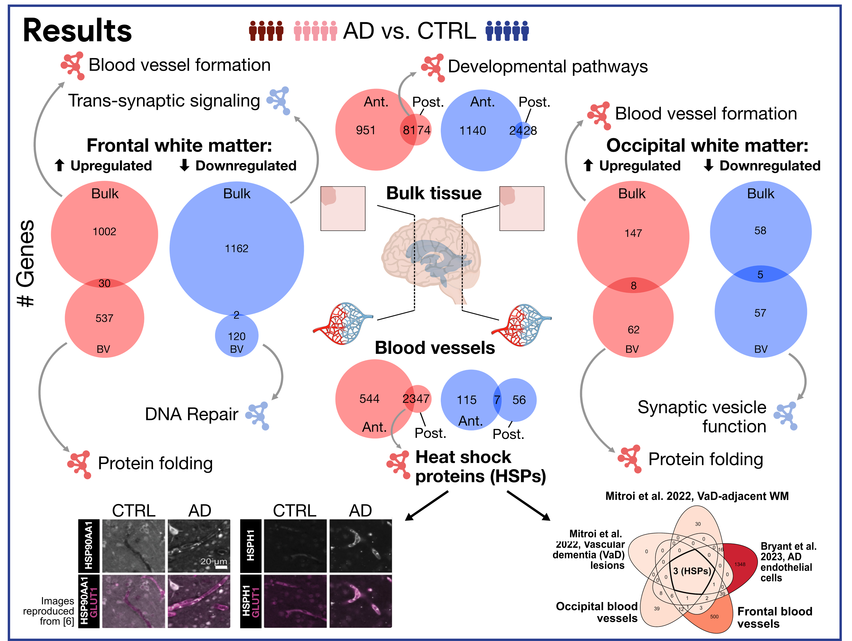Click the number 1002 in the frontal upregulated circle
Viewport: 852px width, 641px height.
tap(104, 232)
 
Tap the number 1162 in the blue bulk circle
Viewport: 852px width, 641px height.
tap(236, 249)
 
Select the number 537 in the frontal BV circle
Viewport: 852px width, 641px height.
tap(104, 318)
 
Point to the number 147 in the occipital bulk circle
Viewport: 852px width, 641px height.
tap(633, 233)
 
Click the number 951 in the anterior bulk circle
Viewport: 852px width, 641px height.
tap(366, 131)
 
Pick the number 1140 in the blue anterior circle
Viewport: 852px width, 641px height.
tap(473, 131)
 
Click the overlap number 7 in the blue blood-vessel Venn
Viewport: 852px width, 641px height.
tap(497, 400)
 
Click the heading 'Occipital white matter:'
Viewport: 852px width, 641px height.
tap(707, 146)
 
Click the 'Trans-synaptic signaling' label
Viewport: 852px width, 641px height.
tap(164, 101)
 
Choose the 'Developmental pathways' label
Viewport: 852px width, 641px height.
tap(548, 67)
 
